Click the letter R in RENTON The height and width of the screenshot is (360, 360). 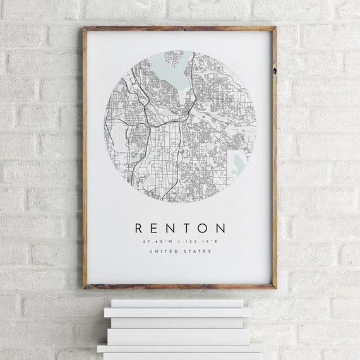[138, 228]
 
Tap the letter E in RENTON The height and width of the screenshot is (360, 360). [155, 228]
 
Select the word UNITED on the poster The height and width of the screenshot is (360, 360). [162, 251]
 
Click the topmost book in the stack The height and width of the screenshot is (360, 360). [177, 303]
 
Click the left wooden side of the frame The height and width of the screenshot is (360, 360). [85, 158]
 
